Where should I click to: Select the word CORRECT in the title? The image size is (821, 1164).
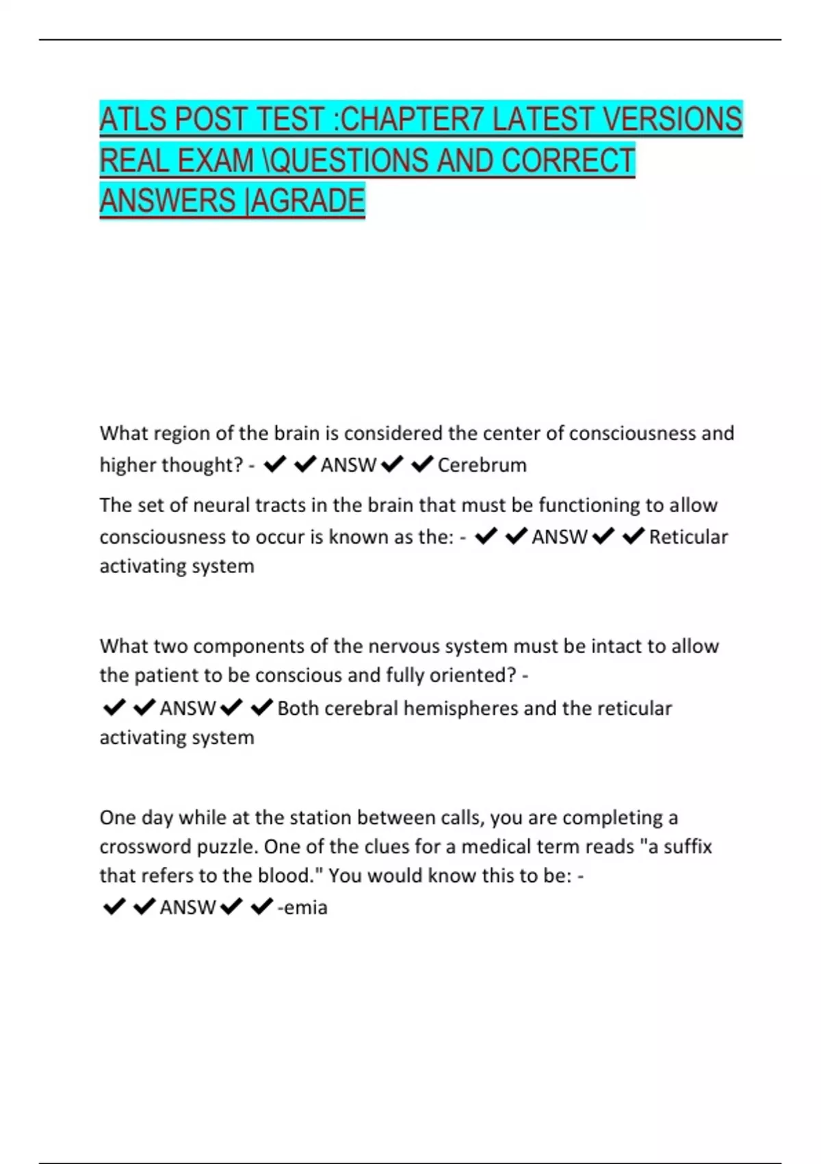(x=569, y=161)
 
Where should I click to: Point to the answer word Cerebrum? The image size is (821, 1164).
(x=482, y=465)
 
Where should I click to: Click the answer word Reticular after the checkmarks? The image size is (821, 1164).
(x=688, y=537)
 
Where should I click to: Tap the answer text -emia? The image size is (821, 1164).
(x=302, y=907)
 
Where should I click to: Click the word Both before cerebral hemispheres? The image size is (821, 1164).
(x=298, y=708)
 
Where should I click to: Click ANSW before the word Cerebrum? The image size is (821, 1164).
(x=348, y=465)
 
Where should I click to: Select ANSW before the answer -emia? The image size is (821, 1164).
(x=187, y=907)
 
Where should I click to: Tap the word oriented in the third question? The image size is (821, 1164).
(x=472, y=676)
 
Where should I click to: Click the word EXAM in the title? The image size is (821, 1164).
(x=216, y=161)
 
